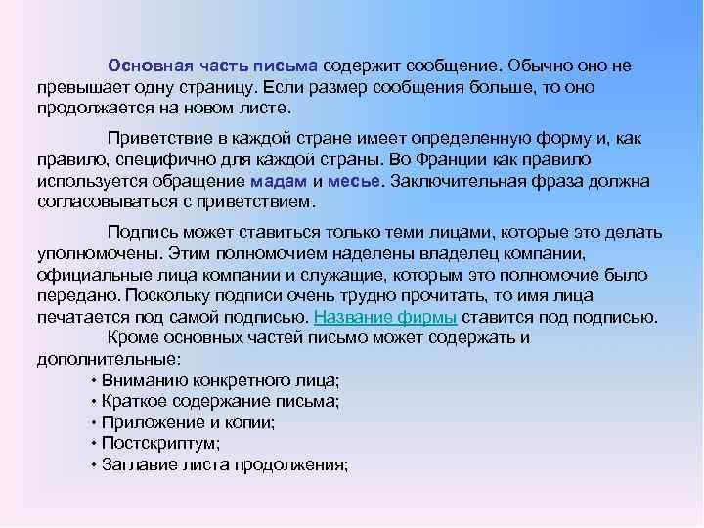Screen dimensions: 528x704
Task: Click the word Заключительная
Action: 468,180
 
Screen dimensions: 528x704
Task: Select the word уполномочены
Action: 96,253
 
